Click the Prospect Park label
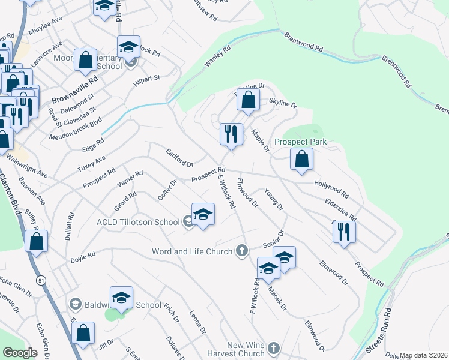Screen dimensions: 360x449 (300, 142)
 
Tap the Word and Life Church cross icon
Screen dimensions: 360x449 (242, 250)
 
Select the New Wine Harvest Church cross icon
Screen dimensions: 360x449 (274, 348)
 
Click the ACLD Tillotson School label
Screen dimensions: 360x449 (137, 222)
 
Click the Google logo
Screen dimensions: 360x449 (20, 353)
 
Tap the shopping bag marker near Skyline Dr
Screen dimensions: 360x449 (247, 100)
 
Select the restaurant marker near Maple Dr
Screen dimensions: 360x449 (231, 134)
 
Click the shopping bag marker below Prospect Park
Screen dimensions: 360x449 (301, 160)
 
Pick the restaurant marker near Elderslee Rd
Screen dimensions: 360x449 (343, 232)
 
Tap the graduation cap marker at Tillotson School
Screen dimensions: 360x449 (203, 215)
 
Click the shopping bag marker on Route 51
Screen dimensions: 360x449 (37, 241)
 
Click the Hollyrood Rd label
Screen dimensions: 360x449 (331, 190)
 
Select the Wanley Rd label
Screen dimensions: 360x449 (217, 57)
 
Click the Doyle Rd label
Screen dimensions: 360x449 (83, 256)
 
